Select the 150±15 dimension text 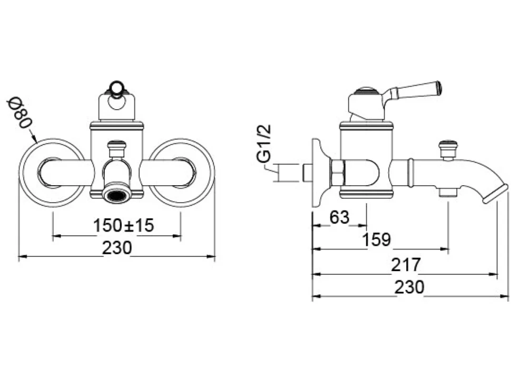[x=123, y=225]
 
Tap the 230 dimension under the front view [x=117, y=247]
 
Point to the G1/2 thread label [x=263, y=143]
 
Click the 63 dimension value [x=340, y=217]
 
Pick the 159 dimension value [x=377, y=240]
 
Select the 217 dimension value [x=406, y=264]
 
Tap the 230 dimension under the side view [x=410, y=287]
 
